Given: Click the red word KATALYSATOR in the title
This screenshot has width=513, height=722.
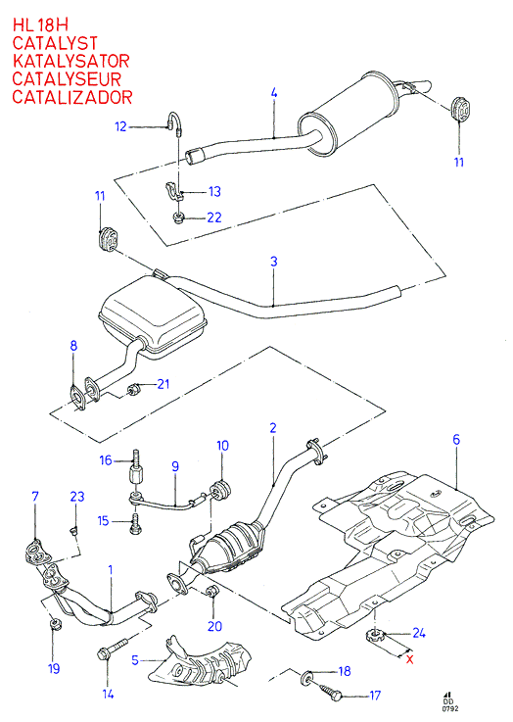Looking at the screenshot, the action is click(x=70, y=62).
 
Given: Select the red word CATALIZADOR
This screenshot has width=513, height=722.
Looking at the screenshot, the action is click(x=72, y=97).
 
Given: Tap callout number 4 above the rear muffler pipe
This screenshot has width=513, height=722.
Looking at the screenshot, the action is click(x=274, y=93).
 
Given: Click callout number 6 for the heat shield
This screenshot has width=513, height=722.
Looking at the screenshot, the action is click(x=456, y=439).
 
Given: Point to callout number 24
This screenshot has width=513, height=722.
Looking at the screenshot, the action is click(x=419, y=633).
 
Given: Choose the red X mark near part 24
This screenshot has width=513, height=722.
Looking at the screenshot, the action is click(x=409, y=659).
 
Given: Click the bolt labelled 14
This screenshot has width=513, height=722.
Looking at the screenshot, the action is click(x=114, y=647).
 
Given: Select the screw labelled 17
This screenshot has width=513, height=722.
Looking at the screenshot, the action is click(x=334, y=691).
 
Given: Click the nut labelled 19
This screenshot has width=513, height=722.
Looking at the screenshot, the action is click(x=54, y=624).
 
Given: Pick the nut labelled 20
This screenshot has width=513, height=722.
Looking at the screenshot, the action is click(x=212, y=592).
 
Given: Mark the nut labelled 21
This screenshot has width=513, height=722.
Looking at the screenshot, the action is click(x=134, y=390).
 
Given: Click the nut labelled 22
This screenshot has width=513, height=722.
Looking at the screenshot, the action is click(x=178, y=217).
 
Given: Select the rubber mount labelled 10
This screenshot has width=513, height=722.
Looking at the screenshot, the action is click(x=222, y=490).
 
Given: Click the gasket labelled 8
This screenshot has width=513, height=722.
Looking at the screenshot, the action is click(x=76, y=399).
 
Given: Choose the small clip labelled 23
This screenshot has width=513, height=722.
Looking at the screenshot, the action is click(x=73, y=532).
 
